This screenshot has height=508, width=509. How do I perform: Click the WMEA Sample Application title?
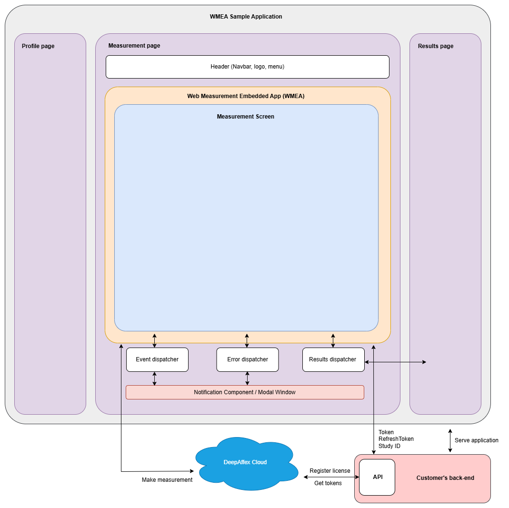(246, 17)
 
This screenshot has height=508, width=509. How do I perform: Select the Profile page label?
(38, 46)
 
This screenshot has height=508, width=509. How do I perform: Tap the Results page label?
(435, 46)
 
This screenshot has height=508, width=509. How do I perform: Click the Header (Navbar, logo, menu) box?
(247, 67)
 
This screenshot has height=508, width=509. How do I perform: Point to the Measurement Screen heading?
(245, 117)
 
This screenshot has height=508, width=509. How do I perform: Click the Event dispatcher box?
(157, 359)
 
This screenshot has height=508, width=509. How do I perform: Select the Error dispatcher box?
(247, 359)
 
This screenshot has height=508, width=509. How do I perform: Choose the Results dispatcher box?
(333, 359)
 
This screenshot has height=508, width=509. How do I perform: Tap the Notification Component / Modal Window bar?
(245, 392)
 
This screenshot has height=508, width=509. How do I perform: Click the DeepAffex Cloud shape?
(245, 462)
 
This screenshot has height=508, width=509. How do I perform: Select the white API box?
(377, 477)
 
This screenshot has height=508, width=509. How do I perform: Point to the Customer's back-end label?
(445, 478)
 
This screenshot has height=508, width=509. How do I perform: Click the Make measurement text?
(167, 480)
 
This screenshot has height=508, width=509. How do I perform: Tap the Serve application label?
(476, 440)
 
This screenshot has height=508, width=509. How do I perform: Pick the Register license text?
(329, 471)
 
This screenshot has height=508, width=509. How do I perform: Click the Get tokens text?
(328, 483)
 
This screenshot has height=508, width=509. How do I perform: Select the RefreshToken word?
(396, 439)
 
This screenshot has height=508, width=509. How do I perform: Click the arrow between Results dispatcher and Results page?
(395, 362)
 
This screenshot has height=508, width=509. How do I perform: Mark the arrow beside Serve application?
(450, 440)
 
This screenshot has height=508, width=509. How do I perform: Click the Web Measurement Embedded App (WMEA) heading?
(246, 96)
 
